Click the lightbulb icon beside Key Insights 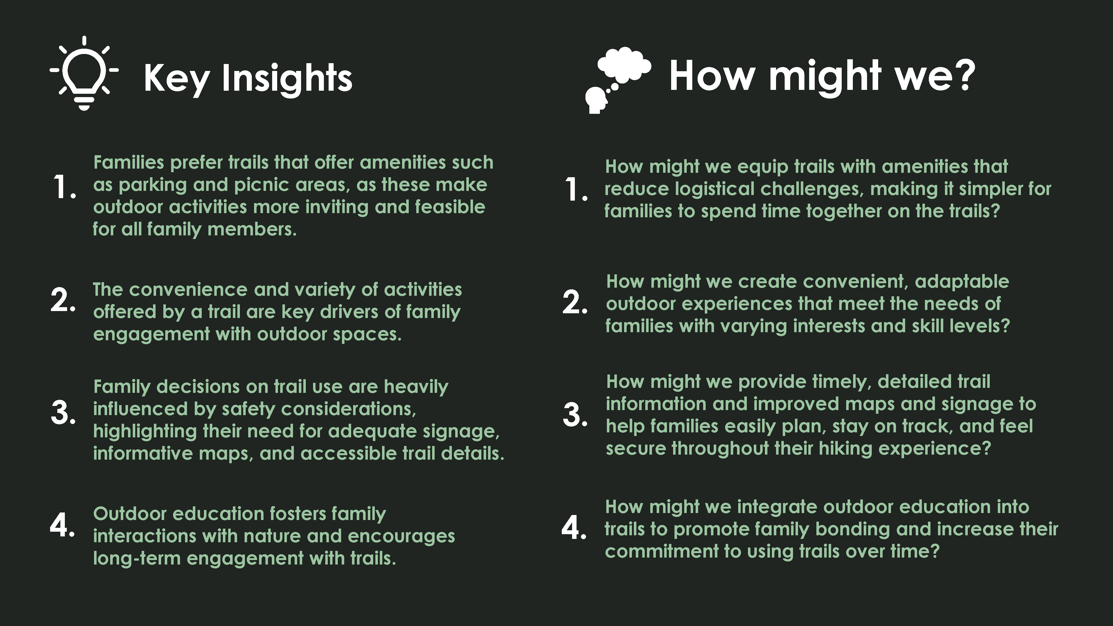(x=84, y=73)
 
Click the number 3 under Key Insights (x=63, y=413)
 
